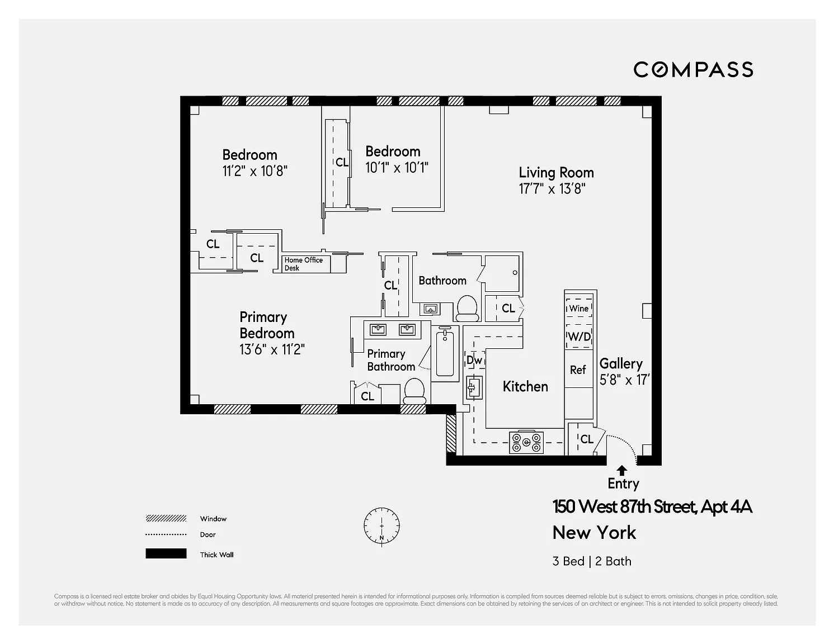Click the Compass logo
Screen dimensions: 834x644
(692, 70)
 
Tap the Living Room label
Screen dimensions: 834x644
(556, 173)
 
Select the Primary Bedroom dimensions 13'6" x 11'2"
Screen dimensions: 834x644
(272, 349)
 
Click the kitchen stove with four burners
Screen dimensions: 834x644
(526, 443)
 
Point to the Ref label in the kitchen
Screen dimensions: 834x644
(578, 370)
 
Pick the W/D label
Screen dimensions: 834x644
(579, 337)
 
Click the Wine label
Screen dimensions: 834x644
(579, 309)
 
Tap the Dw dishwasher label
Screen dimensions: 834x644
(474, 360)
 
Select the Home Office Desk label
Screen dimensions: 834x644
(303, 264)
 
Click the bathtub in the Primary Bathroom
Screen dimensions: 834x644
(445, 354)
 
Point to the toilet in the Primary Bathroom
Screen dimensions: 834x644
(414, 391)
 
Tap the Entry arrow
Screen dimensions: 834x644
(622, 471)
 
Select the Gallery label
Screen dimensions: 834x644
(621, 363)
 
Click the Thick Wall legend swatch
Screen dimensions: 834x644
(166, 553)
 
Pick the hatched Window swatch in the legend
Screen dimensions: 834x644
(166, 519)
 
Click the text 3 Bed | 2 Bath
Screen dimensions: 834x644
(592, 561)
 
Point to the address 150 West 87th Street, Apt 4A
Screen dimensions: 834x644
(652, 506)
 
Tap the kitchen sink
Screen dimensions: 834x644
(474, 387)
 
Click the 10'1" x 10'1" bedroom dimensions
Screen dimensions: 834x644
(397, 168)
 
